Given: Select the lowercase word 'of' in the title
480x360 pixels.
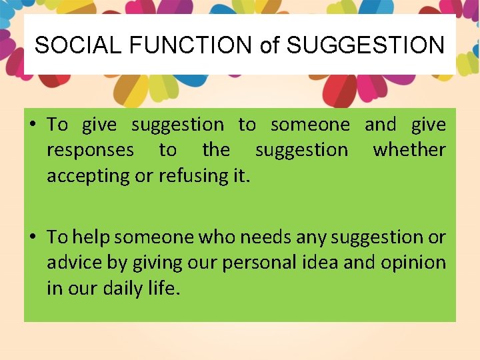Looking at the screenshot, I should [x=270, y=45].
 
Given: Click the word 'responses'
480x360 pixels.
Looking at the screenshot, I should [x=90, y=151].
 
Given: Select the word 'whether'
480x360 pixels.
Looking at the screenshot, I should [x=409, y=150].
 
